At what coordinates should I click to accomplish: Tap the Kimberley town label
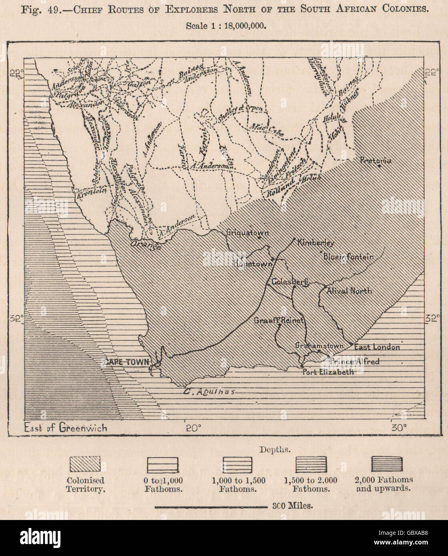pyautogui.click(x=311, y=243)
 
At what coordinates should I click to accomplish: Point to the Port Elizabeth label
pyautogui.click(x=328, y=372)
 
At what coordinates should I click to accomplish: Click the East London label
pyautogui.click(x=377, y=347)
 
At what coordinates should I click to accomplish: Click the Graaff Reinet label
pyautogui.click(x=280, y=320)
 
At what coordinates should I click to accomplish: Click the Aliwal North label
pyautogui.click(x=349, y=291)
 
